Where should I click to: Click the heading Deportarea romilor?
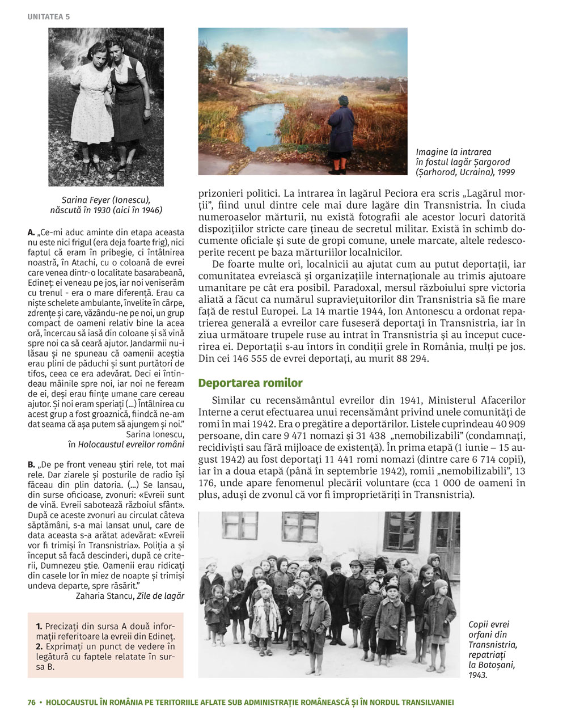250,383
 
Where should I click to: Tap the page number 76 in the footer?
31,702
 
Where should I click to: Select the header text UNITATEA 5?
48,17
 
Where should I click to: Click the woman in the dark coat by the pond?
341,134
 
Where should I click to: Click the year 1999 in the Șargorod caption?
504,172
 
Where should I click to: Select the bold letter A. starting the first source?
31,232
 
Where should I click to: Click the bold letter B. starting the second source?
31,465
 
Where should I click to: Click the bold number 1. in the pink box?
39,626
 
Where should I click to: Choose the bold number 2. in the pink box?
39,646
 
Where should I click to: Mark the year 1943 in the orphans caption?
479,675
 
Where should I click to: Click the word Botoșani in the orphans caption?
496,665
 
